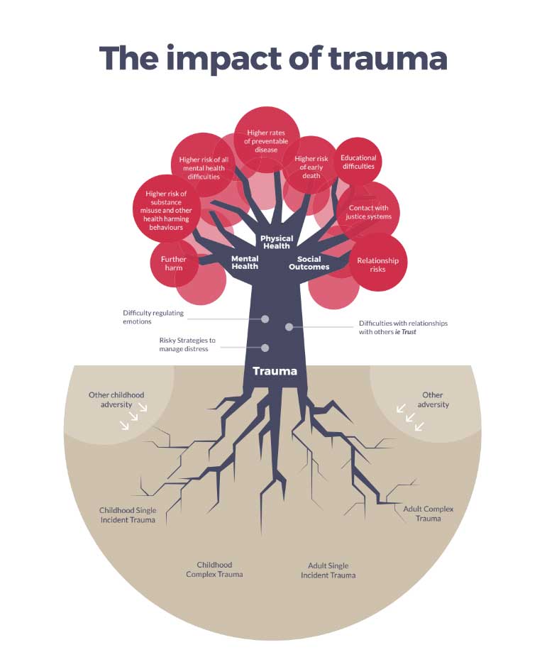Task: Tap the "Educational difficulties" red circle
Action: [358, 161]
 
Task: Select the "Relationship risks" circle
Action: [378, 263]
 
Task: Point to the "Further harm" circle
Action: [174, 263]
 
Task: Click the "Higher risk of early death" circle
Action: [311, 165]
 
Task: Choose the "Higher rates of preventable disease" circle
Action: [267, 140]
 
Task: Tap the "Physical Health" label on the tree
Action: [277, 242]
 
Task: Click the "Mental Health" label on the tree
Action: [245, 263]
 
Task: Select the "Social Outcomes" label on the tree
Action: [309, 263]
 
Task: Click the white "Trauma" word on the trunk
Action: [275, 371]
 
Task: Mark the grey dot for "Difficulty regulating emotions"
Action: [265, 319]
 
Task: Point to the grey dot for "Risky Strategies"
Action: [265, 348]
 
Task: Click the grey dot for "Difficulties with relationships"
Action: [289, 327]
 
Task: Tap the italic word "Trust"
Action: [409, 332]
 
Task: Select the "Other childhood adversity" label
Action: [116, 399]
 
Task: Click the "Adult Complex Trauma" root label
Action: [428, 514]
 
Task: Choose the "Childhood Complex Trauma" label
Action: [214, 570]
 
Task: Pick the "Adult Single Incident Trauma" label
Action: [328, 570]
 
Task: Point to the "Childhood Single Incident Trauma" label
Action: [128, 515]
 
